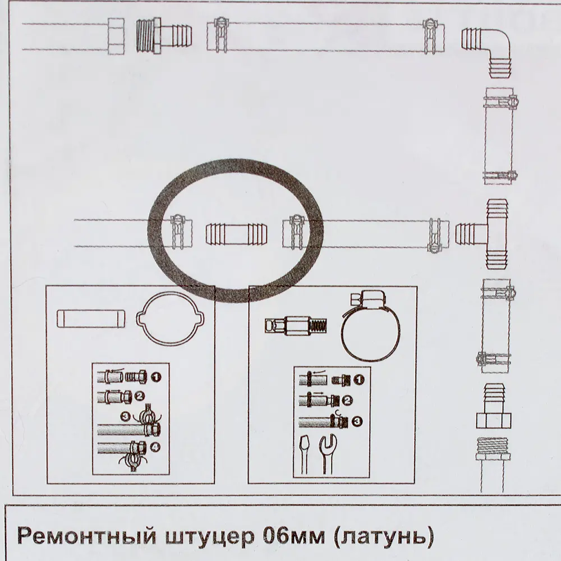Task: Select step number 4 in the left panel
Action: [154, 447]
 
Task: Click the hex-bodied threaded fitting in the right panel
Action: [295, 325]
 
